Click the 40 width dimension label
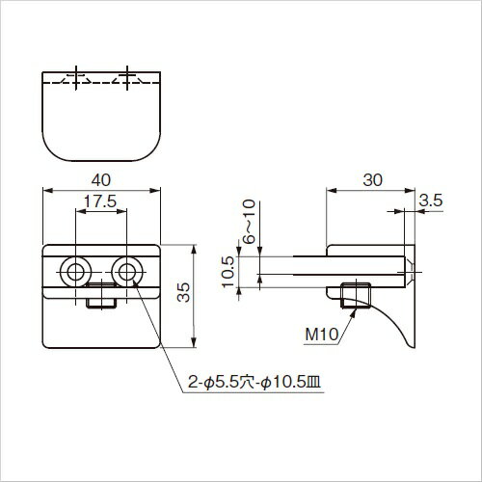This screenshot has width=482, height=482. coord(101,180)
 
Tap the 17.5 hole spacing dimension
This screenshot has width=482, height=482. coord(100,201)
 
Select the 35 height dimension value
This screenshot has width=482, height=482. coord(184,292)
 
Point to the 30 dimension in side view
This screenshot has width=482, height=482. coord(373,180)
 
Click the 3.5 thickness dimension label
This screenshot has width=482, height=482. coord(431,201)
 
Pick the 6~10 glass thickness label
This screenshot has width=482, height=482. coord(249,222)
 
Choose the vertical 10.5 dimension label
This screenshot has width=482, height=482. coord(228,272)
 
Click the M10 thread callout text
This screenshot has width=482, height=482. coord(322,335)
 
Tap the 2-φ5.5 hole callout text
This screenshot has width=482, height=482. coord(254,383)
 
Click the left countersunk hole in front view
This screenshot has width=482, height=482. coord(76,272)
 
